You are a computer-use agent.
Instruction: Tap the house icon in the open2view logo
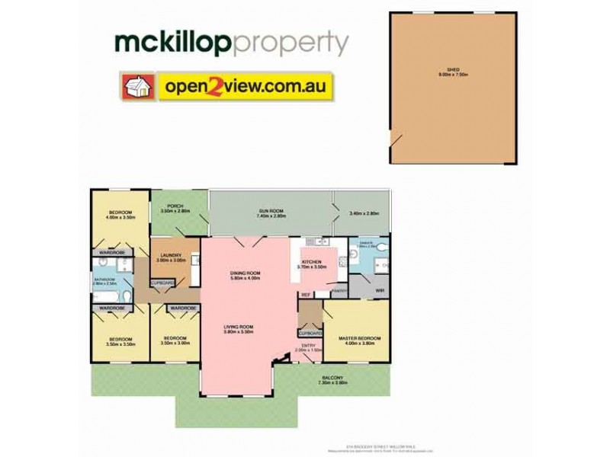[136, 87]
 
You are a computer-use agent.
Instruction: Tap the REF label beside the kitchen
[305, 295]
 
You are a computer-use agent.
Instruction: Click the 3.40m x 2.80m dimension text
[363, 213]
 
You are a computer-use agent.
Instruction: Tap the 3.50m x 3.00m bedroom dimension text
[175, 343]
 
